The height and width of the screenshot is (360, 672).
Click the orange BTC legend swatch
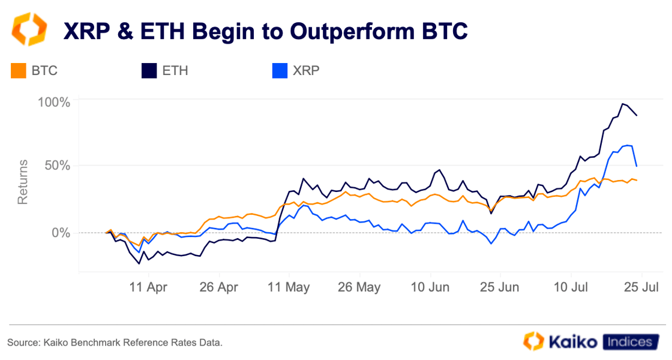click(19, 71)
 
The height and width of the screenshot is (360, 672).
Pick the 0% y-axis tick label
click(62, 233)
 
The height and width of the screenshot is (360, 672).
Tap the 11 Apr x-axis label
click(148, 287)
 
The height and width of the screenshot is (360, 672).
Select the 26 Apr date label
click(219, 287)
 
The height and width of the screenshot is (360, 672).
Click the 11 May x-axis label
click(289, 287)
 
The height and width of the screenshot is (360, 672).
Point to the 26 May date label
click(360, 287)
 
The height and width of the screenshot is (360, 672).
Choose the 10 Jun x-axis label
click(430, 287)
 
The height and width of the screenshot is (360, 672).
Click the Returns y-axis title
click(23, 182)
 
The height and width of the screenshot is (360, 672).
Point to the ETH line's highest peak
click(623, 104)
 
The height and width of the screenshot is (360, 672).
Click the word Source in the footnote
click(22, 343)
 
